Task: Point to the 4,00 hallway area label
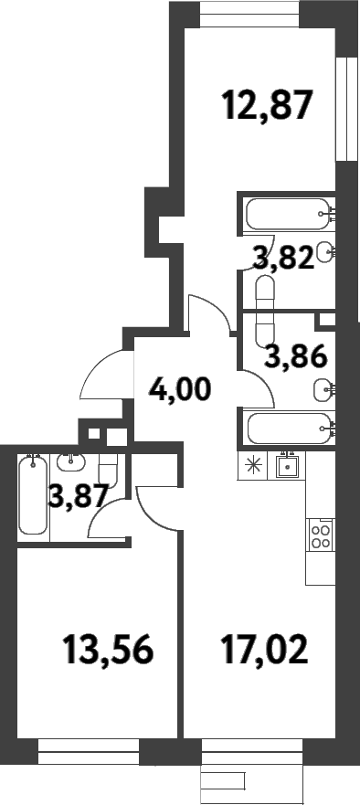(x=180, y=390)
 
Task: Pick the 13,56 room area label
(x=107, y=651)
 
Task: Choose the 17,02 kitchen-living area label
(x=265, y=651)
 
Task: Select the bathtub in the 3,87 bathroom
(x=33, y=496)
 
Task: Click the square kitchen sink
(x=290, y=465)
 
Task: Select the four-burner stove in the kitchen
(x=321, y=533)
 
